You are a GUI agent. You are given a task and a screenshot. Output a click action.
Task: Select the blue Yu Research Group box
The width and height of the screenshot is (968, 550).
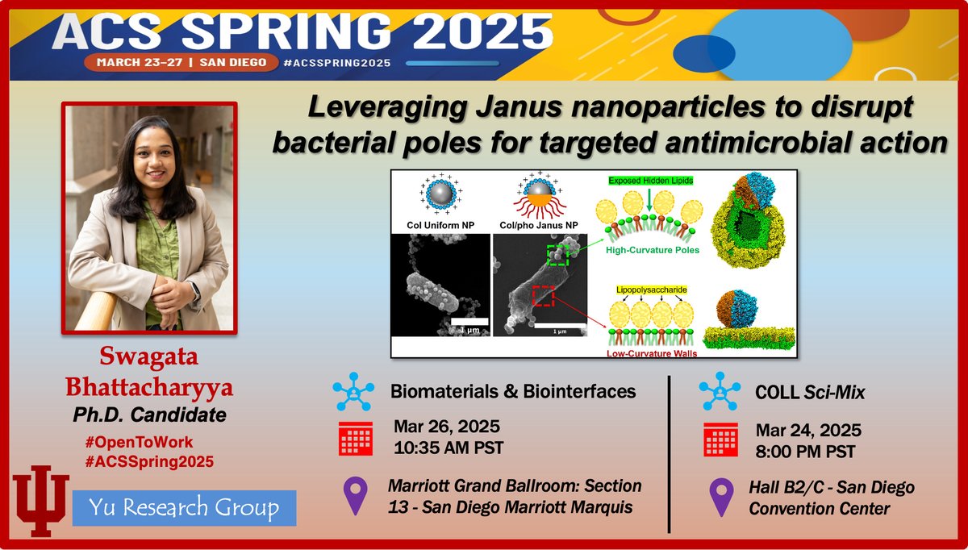pyautogui.click(x=186, y=508)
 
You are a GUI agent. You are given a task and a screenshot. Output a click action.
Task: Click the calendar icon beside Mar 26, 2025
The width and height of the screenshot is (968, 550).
pyautogui.click(x=354, y=439)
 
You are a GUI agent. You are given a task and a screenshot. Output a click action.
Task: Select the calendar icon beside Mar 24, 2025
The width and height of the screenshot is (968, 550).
pyautogui.click(x=720, y=440)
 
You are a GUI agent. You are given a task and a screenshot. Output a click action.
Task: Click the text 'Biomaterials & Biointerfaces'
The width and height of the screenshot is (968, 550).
pyautogui.click(x=513, y=391)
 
